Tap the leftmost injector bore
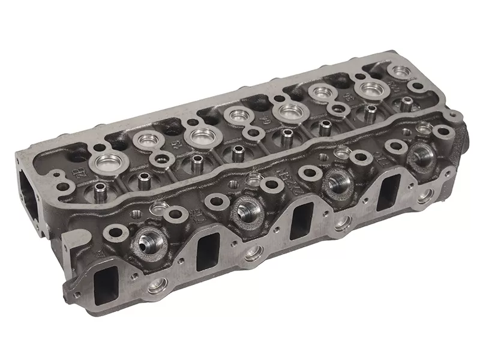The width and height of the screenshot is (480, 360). [x=146, y=241]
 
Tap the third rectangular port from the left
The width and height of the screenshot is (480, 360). [x=301, y=215]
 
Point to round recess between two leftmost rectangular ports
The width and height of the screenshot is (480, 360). [x=157, y=286]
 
